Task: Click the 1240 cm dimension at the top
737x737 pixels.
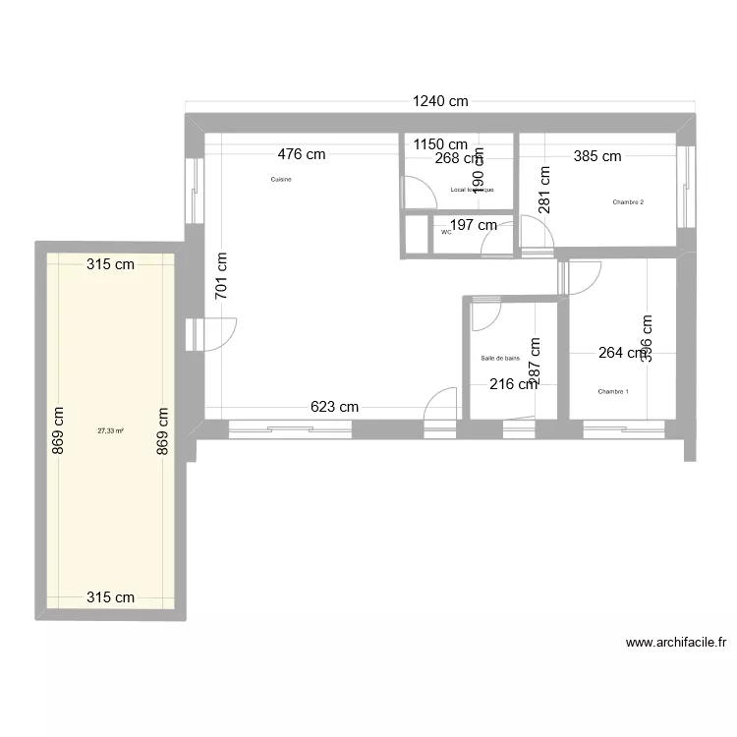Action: point(439,100)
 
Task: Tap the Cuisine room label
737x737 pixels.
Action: point(281,179)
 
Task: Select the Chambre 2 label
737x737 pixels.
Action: point(628,202)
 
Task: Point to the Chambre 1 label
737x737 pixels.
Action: point(613,391)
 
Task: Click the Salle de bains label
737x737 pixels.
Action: point(500,359)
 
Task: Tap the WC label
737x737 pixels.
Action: point(446,233)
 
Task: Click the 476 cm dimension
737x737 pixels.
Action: point(301,154)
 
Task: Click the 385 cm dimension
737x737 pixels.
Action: point(597,155)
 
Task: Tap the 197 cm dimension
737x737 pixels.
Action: point(473,225)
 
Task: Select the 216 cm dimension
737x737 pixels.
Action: point(514,384)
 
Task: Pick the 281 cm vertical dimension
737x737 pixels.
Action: point(542,189)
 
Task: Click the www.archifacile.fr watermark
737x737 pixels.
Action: point(676,644)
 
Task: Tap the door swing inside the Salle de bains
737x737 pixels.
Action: point(485,315)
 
